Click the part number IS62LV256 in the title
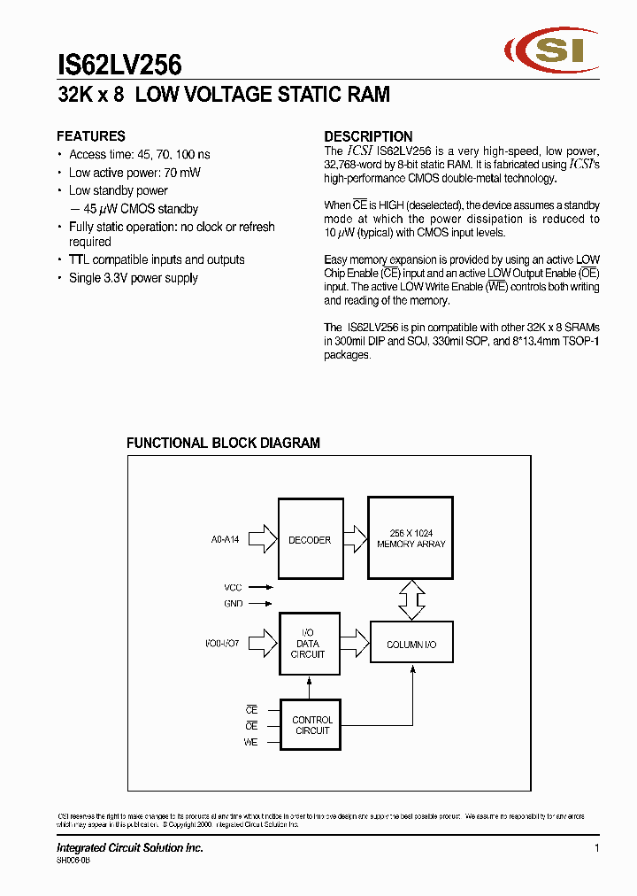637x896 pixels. point(119,66)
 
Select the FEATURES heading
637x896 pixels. point(91,136)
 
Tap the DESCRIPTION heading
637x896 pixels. point(368,136)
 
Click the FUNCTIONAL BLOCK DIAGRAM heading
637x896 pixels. point(223,443)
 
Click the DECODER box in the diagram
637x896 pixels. point(310,539)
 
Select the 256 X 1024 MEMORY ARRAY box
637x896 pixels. point(411,537)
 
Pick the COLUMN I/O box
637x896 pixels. point(411,645)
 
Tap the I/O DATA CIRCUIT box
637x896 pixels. point(309,644)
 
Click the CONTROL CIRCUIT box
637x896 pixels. point(311,725)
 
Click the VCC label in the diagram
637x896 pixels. point(232,586)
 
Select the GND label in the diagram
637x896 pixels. point(233,604)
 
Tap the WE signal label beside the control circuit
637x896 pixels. point(250,742)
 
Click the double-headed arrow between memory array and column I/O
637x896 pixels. point(411,599)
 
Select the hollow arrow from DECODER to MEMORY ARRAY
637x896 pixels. point(354,538)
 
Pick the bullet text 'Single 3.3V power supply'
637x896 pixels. point(133,278)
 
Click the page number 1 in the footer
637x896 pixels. point(597,848)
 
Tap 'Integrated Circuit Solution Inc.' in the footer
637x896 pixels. point(130,848)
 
